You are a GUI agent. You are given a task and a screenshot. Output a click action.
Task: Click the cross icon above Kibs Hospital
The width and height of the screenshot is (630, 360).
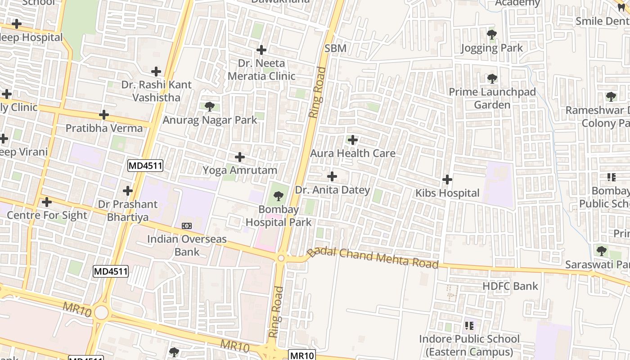[x=447, y=180]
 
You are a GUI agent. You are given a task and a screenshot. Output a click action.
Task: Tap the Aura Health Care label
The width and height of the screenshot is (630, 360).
[x=353, y=153]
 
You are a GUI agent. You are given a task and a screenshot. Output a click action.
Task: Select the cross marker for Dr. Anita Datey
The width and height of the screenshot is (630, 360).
[x=332, y=176]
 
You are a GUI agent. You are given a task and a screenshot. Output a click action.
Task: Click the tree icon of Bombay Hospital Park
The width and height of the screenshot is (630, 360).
[x=279, y=196]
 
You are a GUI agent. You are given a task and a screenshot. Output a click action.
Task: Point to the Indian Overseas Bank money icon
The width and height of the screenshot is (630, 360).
[x=186, y=225]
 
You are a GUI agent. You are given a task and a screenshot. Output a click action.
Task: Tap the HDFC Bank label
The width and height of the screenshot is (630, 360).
[x=510, y=286]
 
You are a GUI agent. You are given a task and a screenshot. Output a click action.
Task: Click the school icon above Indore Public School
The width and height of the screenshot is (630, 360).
[x=469, y=325]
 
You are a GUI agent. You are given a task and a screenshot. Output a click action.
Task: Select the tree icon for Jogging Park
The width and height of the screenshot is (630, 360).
[x=491, y=34]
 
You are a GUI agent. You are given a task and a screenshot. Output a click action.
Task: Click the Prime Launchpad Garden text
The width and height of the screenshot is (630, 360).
[x=492, y=99]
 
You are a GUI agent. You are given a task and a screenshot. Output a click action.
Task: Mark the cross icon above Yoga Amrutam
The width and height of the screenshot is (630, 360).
[x=240, y=157]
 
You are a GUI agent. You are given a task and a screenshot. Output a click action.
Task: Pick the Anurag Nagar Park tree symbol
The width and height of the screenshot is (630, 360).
[x=209, y=107]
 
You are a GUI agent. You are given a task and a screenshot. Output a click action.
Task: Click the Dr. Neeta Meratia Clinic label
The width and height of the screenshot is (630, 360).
[x=261, y=70]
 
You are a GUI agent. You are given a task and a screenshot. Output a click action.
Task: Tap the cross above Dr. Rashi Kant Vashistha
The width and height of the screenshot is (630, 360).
[x=156, y=72]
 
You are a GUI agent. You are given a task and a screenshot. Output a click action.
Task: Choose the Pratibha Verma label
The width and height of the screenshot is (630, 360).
[x=104, y=128]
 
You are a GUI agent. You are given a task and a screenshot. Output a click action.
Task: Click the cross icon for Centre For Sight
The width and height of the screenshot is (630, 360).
[x=46, y=202]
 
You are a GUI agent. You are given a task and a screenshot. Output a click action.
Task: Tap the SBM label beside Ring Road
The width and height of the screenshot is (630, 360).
[x=336, y=49]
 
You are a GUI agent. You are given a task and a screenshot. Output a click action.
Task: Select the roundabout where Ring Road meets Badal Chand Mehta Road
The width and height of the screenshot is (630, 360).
[x=281, y=258]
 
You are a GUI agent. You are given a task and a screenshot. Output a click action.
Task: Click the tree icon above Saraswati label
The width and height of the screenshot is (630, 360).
[x=601, y=251]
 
